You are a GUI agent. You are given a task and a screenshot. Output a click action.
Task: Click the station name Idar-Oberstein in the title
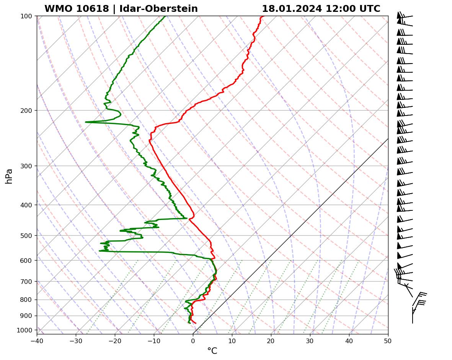click(x=166, y=9)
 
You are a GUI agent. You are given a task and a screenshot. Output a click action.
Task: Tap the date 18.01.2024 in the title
click(x=292, y=9)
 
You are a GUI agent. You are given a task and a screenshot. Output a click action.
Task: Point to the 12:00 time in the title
click(x=338, y=9)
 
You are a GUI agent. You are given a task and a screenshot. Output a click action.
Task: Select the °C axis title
click(x=212, y=351)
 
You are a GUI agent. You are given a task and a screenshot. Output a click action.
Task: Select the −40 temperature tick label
click(x=37, y=339)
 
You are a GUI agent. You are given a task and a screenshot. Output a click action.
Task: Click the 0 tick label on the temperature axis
click(x=193, y=339)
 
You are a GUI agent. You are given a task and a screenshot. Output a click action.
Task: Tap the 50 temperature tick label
click(x=388, y=339)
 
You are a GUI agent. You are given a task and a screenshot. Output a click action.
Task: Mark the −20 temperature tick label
click(x=115, y=339)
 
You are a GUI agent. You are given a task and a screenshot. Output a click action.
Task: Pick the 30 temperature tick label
click(x=310, y=339)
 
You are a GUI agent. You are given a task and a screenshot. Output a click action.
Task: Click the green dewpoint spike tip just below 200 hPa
click(x=86, y=122)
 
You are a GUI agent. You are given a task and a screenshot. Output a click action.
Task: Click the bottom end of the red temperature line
click(x=196, y=323)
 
